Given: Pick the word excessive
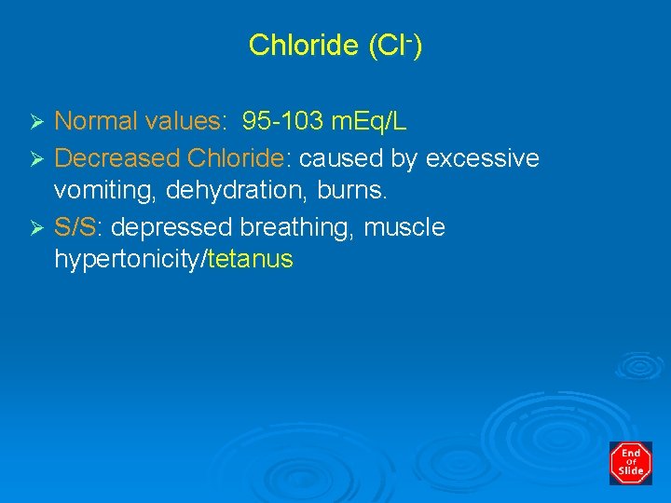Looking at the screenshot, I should (x=482, y=159).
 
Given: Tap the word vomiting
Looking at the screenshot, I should (x=96, y=191).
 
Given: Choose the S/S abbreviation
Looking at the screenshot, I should (x=75, y=227).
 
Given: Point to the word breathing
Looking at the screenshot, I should (x=295, y=228).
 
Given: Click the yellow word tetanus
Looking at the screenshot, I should (x=251, y=259).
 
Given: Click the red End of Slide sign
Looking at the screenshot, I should (x=631, y=463).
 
